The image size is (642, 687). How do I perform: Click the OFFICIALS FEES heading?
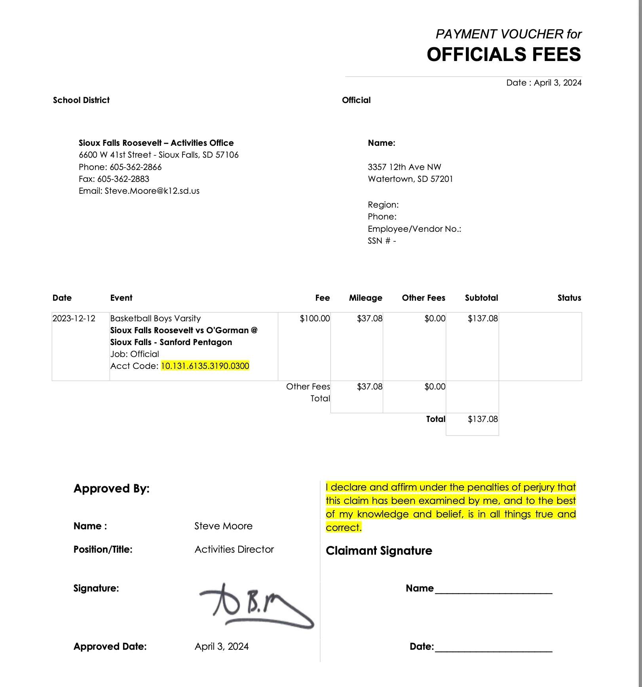(503, 54)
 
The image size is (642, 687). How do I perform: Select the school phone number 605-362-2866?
(135, 167)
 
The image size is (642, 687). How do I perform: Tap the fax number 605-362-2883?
(123, 179)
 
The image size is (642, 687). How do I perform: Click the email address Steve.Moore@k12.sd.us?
(152, 191)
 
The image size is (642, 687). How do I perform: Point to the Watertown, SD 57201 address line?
(410, 179)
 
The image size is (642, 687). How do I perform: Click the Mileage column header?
(365, 298)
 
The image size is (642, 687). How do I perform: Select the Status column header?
(569, 298)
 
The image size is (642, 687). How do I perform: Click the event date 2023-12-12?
(74, 319)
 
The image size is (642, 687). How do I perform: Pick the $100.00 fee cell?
(315, 319)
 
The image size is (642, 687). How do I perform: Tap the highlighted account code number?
(205, 366)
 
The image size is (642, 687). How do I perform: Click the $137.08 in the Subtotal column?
(482, 319)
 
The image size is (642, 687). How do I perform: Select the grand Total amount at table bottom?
(482, 419)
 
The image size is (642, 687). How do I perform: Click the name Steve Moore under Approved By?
(223, 526)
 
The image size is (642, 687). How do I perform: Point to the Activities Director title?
(234, 550)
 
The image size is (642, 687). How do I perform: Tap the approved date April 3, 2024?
(222, 647)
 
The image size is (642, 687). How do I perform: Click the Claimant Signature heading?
(379, 551)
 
